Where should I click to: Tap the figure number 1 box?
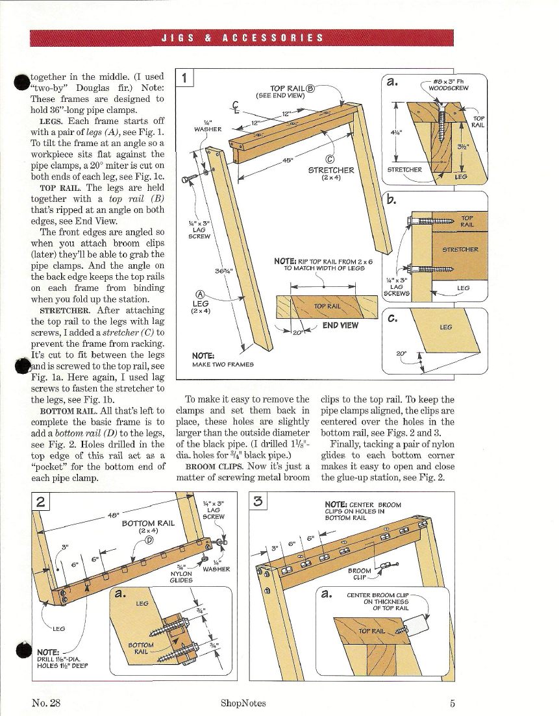185,79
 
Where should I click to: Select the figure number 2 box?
41,502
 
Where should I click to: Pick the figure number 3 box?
258,502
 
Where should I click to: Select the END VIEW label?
340,325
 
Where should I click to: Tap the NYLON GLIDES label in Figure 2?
181,576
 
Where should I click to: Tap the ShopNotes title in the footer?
243,702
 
